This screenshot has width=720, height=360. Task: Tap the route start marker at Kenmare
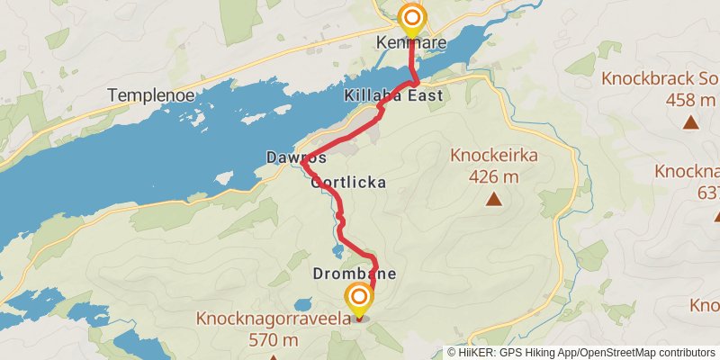[x=412, y=18]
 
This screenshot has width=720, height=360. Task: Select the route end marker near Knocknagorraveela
[x=359, y=297]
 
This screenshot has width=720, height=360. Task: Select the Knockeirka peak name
[x=493, y=157]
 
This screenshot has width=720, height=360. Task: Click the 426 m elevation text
[x=493, y=176]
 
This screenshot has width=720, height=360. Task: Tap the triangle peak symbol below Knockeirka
[x=493, y=199]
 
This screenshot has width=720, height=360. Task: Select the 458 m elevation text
[x=690, y=100]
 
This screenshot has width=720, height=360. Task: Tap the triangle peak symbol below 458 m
[x=690, y=122]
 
